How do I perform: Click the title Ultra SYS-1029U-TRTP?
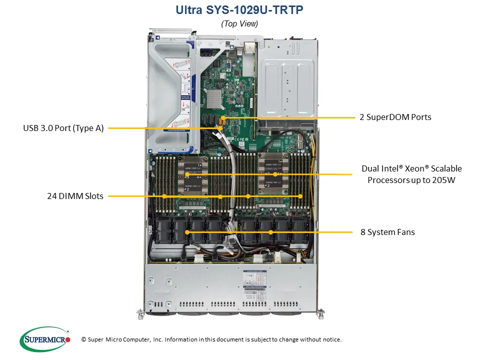click(239, 10)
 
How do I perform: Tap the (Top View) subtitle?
click(239, 23)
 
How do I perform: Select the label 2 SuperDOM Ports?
click(395, 117)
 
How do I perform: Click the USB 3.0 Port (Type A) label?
click(63, 128)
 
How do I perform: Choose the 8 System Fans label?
click(387, 232)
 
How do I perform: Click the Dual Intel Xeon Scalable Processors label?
click(411, 174)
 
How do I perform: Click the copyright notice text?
click(211, 339)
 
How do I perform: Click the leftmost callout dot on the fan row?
click(187, 232)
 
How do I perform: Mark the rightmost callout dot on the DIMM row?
click(300, 196)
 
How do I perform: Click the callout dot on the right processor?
click(275, 174)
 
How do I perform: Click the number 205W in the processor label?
click(444, 180)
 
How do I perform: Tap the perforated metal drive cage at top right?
click(289, 80)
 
